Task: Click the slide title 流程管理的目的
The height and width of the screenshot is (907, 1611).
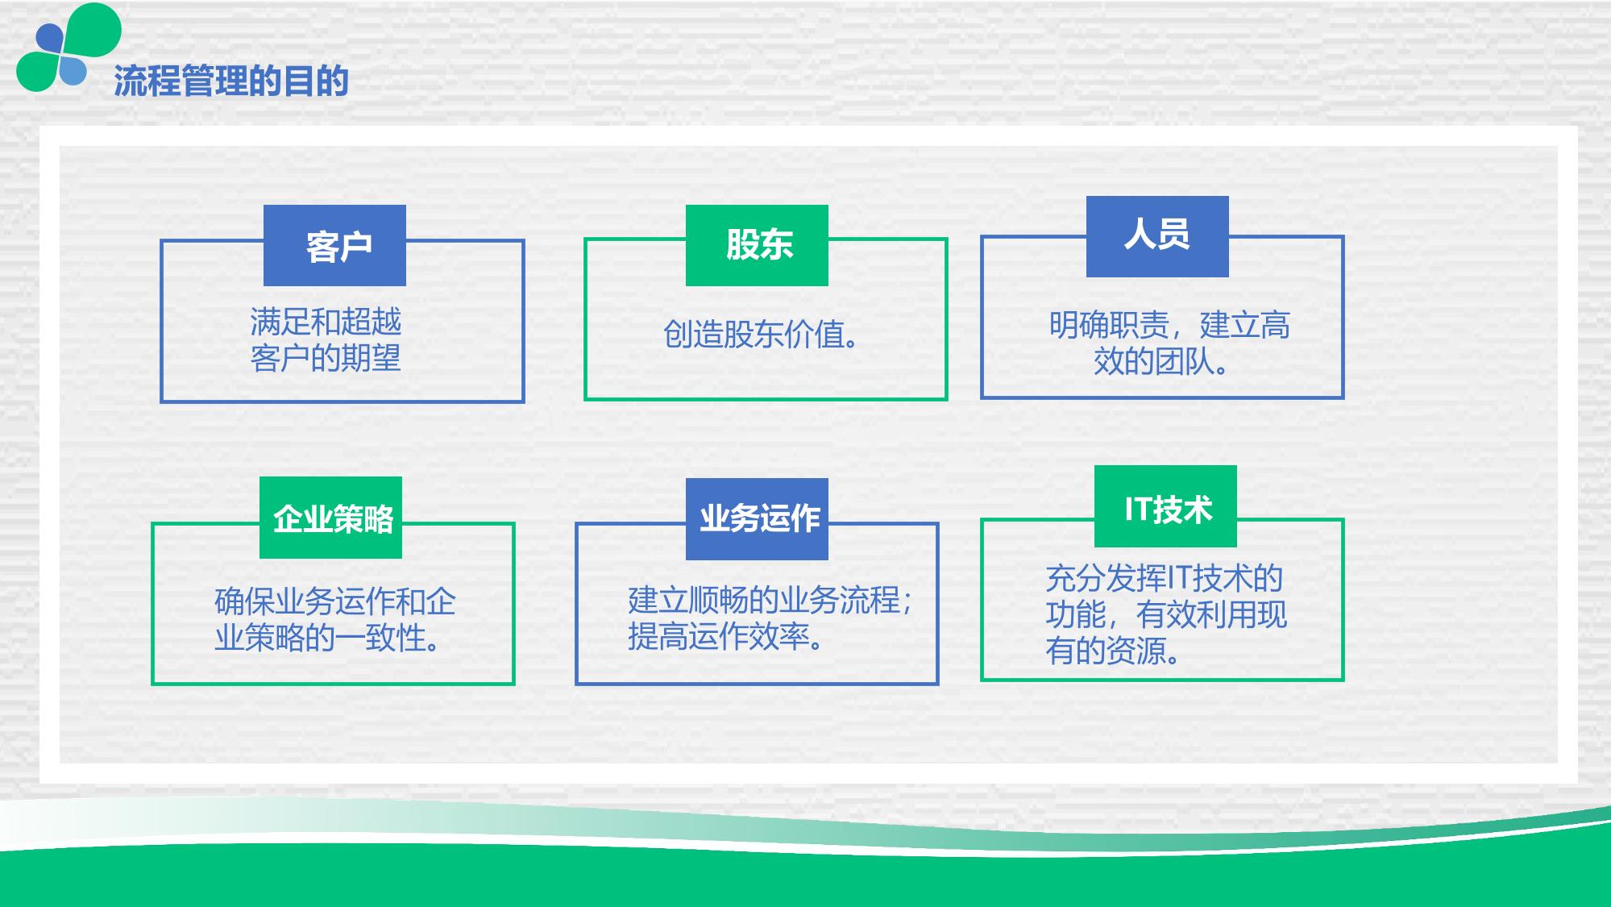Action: click(x=231, y=81)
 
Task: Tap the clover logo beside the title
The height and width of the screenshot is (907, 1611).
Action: click(x=69, y=48)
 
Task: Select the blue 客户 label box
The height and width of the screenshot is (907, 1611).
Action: click(x=334, y=245)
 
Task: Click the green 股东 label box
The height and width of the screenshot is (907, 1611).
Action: click(x=757, y=245)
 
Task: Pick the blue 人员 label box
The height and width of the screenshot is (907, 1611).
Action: click(x=1157, y=236)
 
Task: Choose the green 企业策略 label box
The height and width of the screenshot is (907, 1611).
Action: click(x=330, y=518)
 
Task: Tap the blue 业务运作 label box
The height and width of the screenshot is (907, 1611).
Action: click(x=757, y=519)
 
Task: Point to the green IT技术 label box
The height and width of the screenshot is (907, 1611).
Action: click(x=1165, y=506)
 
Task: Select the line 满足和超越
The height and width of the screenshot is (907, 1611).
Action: click(x=326, y=322)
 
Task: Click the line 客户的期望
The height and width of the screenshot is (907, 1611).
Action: click(x=326, y=358)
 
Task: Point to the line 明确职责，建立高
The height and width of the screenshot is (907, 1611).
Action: click(x=1169, y=325)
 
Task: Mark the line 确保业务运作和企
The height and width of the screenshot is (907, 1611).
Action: click(x=335, y=601)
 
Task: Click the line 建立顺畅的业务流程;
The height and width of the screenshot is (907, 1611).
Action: click(x=770, y=600)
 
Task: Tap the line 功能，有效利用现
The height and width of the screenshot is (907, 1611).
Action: click(x=1166, y=614)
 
